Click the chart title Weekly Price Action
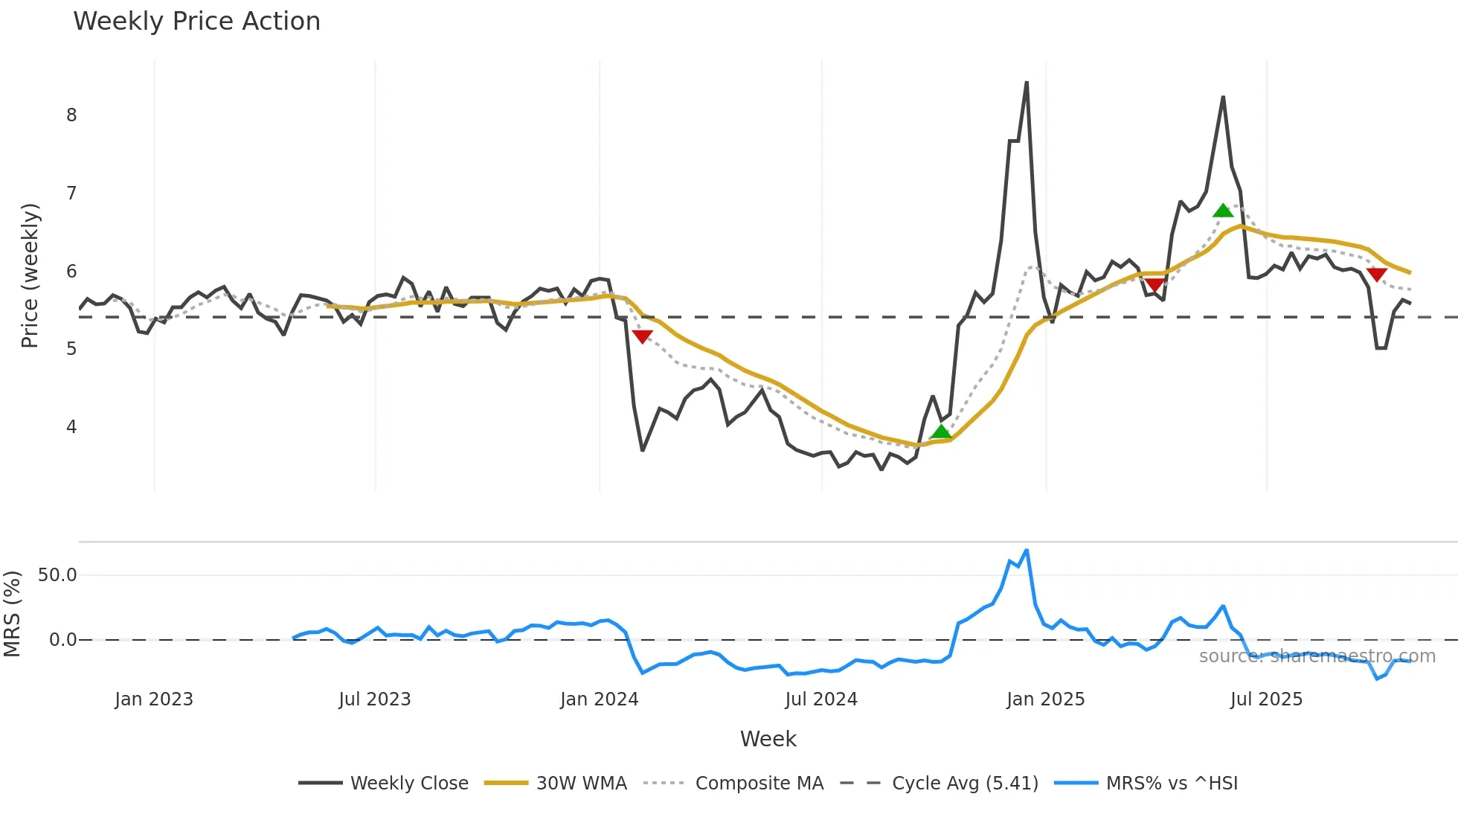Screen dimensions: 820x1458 pos(196,22)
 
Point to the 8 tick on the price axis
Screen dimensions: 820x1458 pos(71,115)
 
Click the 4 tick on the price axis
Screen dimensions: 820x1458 pos(71,427)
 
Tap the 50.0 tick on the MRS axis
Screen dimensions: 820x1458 pos(57,575)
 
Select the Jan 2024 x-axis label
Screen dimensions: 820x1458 pos(599,699)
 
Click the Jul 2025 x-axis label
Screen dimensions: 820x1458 pos(1266,699)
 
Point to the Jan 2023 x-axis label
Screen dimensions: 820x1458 pos(154,699)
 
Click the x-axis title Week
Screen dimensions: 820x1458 pos(768,739)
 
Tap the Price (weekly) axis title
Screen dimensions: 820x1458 pos(30,275)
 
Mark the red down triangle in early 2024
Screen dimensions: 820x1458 pos(642,336)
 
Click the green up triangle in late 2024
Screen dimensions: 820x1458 pos(941,432)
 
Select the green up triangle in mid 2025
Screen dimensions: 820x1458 pos(1223,211)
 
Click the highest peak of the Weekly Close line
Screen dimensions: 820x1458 pos(1027,83)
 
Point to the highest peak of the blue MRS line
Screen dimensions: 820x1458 pos(1027,551)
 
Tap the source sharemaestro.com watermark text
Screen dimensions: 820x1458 pos(1317,656)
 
